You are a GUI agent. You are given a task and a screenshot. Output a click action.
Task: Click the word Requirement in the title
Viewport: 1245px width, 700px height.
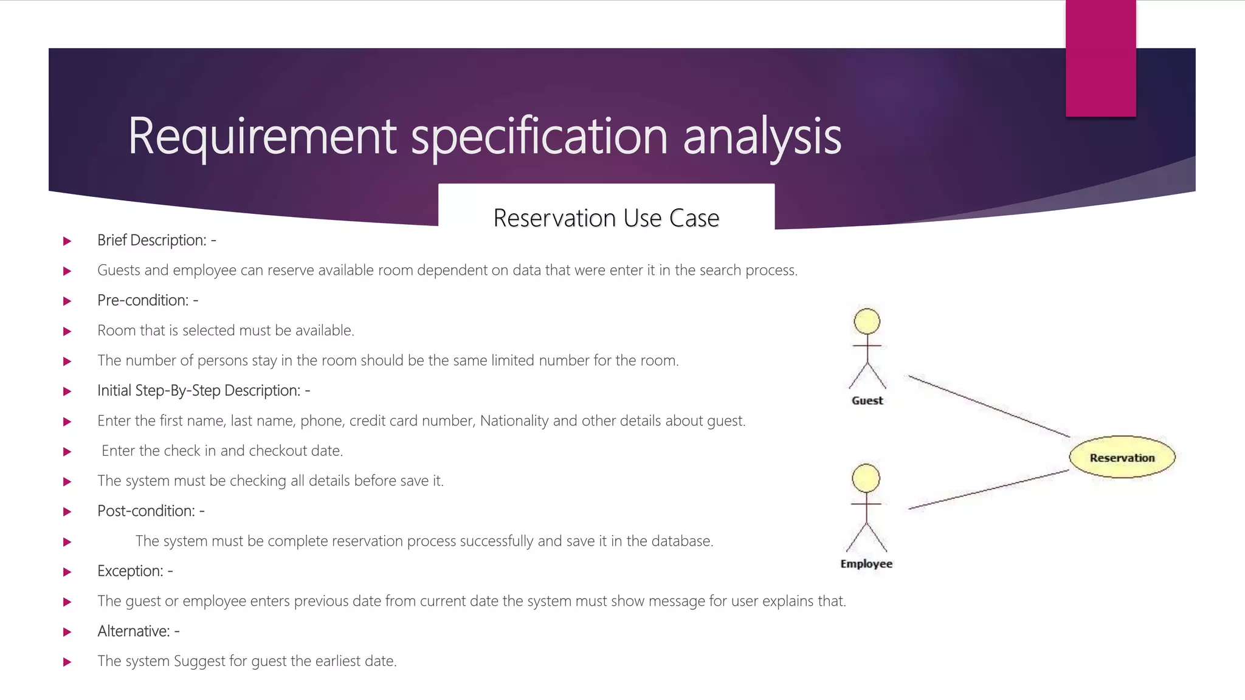tap(262, 137)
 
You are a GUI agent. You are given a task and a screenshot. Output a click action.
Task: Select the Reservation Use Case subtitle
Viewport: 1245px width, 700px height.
tap(606, 218)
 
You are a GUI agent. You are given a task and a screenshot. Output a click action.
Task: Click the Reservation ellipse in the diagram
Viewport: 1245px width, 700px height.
tap(1122, 458)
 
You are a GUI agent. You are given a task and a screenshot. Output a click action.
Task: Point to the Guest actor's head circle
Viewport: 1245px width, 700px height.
tap(867, 321)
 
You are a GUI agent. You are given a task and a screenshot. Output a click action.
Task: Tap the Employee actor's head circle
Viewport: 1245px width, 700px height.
tap(866, 478)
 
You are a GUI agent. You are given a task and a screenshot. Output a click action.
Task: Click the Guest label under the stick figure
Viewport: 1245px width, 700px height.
tap(867, 400)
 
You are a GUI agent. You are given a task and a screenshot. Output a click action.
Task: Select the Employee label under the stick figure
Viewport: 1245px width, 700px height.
tap(866, 564)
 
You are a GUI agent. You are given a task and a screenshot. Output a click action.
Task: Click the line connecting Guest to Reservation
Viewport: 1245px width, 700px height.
tap(988, 406)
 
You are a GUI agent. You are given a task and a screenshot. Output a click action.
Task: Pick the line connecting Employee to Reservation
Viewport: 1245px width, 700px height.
tap(988, 489)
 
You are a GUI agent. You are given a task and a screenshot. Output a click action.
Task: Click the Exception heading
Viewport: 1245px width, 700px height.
tap(134, 571)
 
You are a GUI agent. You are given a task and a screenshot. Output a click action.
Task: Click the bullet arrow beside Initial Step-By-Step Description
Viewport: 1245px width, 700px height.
tap(67, 391)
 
